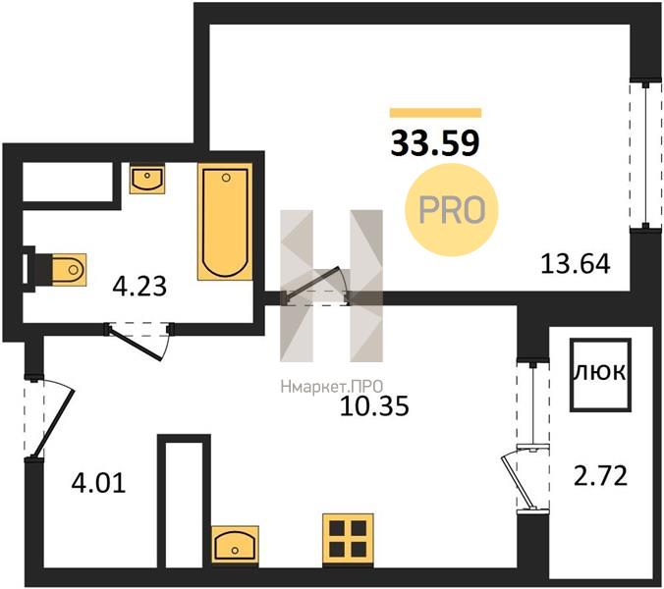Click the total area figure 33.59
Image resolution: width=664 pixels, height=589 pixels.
pos(435,143)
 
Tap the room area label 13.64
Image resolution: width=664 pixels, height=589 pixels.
pos(576,264)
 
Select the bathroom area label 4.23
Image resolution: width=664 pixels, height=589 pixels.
pos(139,286)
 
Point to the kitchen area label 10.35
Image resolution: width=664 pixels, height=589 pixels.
pos(375,406)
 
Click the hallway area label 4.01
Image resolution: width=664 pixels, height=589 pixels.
pos(98,483)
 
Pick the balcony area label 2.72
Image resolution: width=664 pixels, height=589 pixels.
pos(600,475)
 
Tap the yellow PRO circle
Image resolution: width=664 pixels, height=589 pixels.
pos(452,210)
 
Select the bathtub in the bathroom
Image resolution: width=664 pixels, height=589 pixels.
pos(225,222)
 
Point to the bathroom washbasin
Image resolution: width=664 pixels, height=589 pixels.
pos(147,179)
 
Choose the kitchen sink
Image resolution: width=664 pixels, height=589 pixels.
pos(235,545)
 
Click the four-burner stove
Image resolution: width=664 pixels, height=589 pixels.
pos(348,539)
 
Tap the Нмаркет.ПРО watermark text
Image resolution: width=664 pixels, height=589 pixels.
pos(332,386)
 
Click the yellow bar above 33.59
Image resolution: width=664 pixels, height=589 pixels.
pos(436,113)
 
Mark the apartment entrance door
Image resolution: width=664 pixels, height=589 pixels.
pos(49,418)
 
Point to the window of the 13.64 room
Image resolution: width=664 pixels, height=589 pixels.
pos(645,154)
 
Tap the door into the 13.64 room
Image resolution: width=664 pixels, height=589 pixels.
pos(315,286)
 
